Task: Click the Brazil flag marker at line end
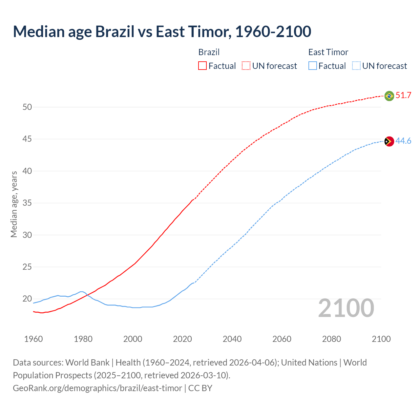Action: pyautogui.click(x=389, y=96)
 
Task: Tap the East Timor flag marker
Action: pyautogui.click(x=389, y=141)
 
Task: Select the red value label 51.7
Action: pyautogui.click(x=403, y=95)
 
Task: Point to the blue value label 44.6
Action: pyautogui.click(x=403, y=141)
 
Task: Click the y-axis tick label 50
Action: pyautogui.click(x=27, y=107)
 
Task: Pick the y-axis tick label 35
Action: pyautogui.click(x=27, y=203)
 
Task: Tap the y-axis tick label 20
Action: pyautogui.click(x=27, y=299)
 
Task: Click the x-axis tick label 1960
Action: pyautogui.click(x=33, y=339)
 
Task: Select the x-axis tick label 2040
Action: pyautogui.click(x=232, y=339)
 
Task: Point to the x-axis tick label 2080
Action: pyautogui.click(x=331, y=339)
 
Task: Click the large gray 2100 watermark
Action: pyautogui.click(x=346, y=308)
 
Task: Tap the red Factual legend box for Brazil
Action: pyautogui.click(x=202, y=66)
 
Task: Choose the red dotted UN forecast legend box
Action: pyautogui.click(x=246, y=66)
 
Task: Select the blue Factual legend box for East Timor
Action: pyautogui.click(x=313, y=66)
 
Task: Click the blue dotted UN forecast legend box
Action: pyautogui.click(x=356, y=66)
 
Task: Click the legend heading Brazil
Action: pyautogui.click(x=209, y=52)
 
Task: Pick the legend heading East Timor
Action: pyautogui.click(x=328, y=52)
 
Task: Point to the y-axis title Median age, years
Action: pyautogui.click(x=14, y=204)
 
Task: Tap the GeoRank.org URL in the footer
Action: pyautogui.click(x=97, y=388)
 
